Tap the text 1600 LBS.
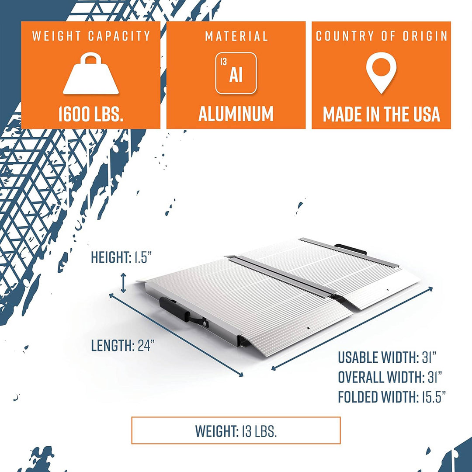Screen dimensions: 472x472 click(90, 114)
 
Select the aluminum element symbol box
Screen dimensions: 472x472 click(236, 73)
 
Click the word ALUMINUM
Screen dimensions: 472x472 click(236, 114)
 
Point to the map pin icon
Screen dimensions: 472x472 click(381, 72)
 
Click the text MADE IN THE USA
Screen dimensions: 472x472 click(381, 114)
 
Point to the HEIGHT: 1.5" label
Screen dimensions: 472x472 click(121, 257)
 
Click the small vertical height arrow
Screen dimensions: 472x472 click(124, 283)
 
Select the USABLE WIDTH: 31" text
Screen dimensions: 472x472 click(387, 357)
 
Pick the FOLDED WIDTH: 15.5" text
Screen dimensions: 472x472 click(392, 397)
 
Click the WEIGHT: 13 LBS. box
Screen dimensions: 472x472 click(236, 431)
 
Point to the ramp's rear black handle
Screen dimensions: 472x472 click(351, 249)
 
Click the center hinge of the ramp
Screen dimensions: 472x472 click(284, 275)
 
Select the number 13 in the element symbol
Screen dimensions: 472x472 click(223, 62)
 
